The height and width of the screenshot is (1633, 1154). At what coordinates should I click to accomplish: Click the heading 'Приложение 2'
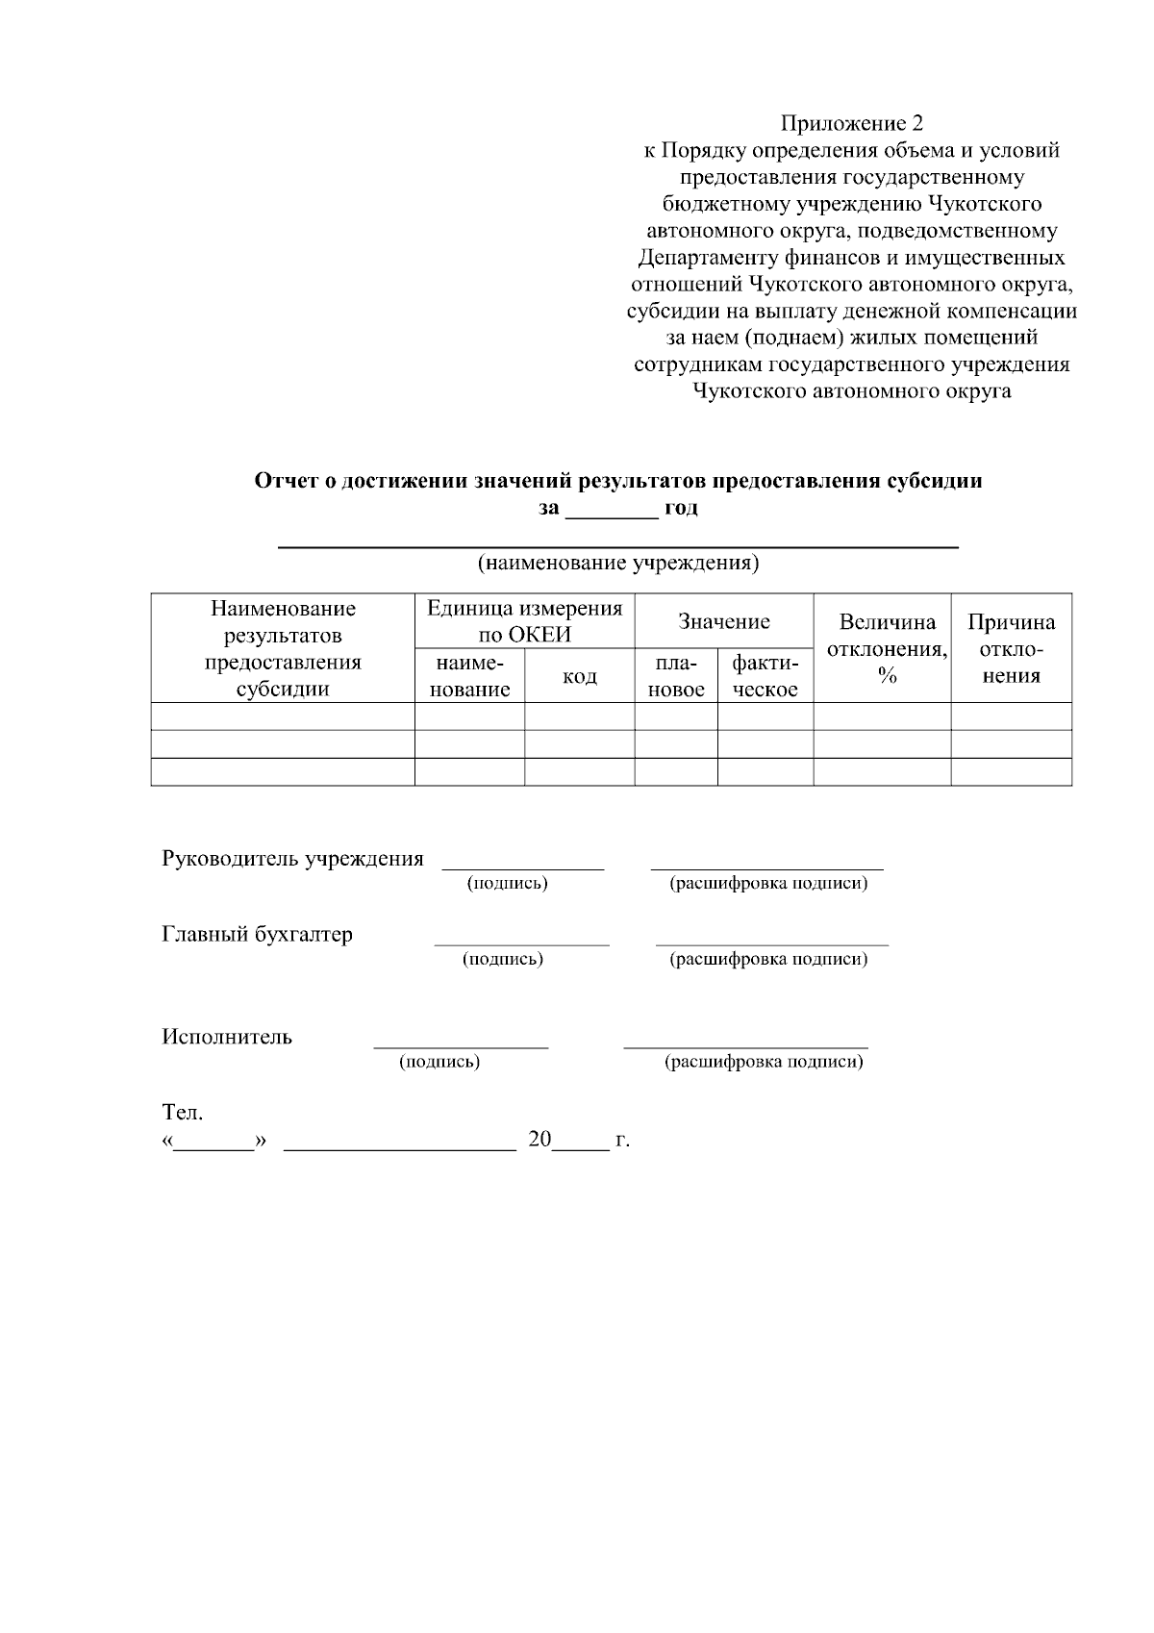tap(851, 123)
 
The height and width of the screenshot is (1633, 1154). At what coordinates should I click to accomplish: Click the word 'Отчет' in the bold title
tap(284, 481)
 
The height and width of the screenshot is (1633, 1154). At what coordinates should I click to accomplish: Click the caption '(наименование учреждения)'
tap(618, 564)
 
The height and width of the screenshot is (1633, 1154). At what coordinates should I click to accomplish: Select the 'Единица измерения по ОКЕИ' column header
tap(524, 621)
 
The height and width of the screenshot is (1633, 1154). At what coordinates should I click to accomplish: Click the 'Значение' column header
tap(723, 621)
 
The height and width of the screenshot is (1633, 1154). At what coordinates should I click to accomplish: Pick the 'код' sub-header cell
tap(579, 676)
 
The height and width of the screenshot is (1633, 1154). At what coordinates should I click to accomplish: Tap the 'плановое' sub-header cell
tap(675, 676)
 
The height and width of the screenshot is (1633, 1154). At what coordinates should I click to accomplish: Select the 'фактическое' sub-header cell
tap(765, 676)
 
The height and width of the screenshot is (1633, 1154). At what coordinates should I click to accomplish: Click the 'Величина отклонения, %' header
tap(882, 648)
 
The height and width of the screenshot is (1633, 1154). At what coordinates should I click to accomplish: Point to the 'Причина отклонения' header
tap(1011, 648)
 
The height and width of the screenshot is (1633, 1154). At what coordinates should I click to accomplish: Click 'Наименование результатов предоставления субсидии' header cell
tap(283, 648)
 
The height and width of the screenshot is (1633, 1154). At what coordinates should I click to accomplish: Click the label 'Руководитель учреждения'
tap(292, 859)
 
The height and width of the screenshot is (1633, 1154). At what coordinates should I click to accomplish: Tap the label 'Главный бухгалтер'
tap(257, 934)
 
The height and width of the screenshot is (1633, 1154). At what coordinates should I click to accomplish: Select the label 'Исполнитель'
tap(227, 1037)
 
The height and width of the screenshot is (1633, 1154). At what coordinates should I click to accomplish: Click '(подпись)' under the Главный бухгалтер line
tap(503, 959)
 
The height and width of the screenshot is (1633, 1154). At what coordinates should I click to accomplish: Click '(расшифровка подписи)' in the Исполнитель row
tap(764, 1062)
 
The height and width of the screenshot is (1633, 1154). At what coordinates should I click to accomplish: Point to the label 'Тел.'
tap(182, 1113)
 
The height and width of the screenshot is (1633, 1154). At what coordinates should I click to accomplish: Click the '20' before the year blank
tap(539, 1140)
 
